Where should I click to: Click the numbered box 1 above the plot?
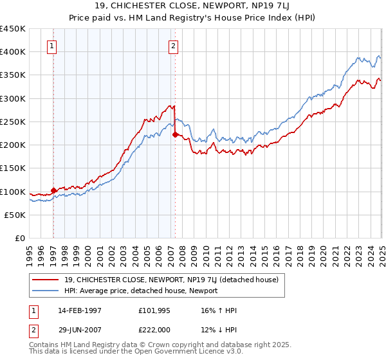click(51, 46)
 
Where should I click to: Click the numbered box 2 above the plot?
click(174, 46)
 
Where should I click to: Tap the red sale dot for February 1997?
click(53, 190)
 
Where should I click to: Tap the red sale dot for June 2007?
click(175, 134)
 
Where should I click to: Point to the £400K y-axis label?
click(13, 52)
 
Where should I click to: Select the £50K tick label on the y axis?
click(15, 215)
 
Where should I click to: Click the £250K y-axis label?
click(13, 122)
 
